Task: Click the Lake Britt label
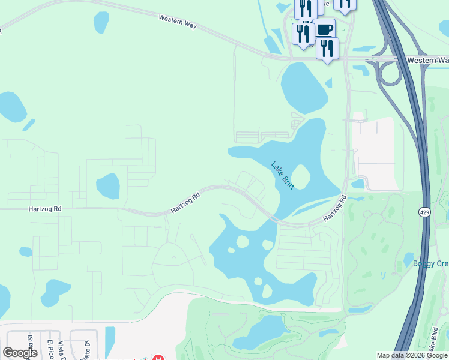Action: (283, 175)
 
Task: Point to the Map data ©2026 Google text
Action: (412, 355)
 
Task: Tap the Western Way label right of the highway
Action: (427, 61)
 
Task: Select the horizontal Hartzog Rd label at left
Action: (45, 209)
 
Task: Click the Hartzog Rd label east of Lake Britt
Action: (334, 208)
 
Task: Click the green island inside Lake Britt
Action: (301, 176)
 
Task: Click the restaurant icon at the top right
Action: (344, 4)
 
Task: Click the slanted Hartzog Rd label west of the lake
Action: (185, 203)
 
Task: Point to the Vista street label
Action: (61, 350)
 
